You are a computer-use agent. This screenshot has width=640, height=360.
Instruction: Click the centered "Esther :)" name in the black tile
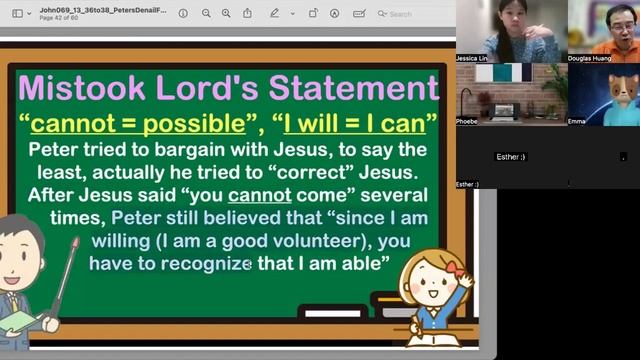511,157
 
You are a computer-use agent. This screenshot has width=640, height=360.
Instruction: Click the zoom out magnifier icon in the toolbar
205,14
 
